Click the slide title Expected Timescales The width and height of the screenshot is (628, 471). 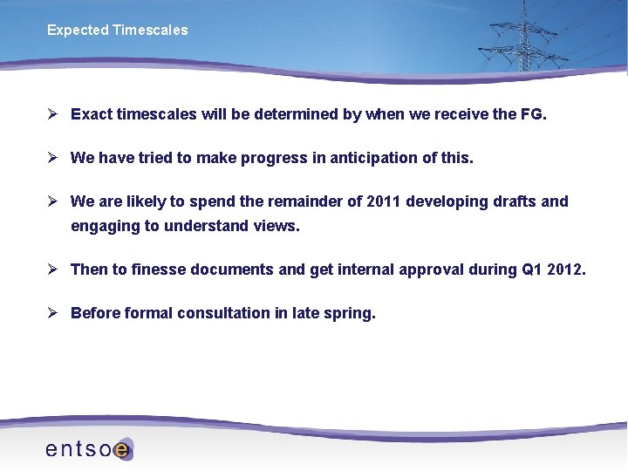coord(117,31)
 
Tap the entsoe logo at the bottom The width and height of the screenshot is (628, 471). coord(89,448)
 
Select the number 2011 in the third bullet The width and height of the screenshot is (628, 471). coord(385,201)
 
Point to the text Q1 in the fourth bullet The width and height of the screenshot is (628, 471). coord(532,270)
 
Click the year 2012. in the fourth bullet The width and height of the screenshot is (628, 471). coord(568,270)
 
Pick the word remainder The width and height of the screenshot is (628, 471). coord(309,201)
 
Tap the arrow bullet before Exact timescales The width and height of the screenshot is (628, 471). coord(52,114)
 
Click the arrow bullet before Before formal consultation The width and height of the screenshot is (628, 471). coord(52,313)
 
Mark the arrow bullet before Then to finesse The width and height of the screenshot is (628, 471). coord(52,270)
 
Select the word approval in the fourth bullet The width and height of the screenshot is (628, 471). coord(431,270)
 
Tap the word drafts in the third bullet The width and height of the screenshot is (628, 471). coord(515,201)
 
